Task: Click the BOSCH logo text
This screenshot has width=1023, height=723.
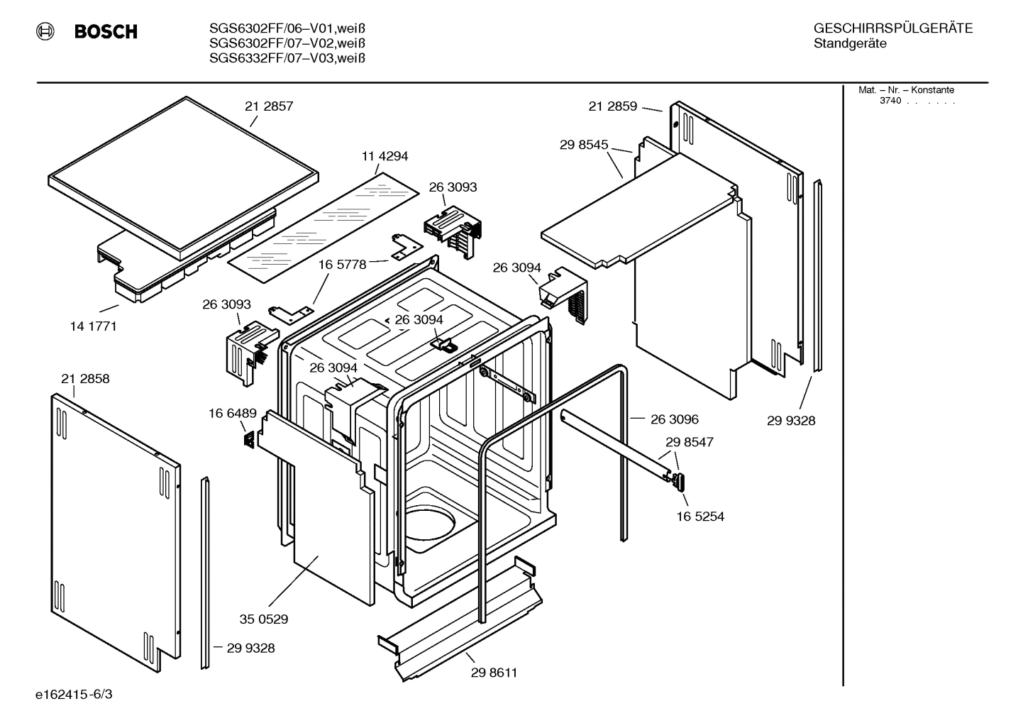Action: (105, 32)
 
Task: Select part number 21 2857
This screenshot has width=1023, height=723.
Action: (269, 106)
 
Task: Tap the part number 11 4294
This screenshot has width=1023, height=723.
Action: (385, 156)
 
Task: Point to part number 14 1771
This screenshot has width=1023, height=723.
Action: (93, 326)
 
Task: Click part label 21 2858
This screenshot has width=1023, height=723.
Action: (85, 379)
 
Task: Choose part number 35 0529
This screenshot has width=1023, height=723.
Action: (263, 619)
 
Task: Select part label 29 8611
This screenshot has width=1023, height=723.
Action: (494, 673)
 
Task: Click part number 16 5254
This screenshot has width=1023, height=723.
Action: (699, 517)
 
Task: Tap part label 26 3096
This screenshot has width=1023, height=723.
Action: (674, 419)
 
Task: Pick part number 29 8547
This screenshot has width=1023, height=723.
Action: (689, 442)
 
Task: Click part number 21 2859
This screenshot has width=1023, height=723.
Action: (612, 106)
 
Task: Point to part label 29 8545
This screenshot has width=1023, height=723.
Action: (584, 145)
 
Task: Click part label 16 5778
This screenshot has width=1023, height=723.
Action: (342, 265)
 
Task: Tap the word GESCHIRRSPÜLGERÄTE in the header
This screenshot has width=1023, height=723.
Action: (892, 29)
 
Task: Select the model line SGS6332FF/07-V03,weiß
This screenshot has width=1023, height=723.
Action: (287, 58)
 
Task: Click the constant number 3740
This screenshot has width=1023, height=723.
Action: (890, 101)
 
